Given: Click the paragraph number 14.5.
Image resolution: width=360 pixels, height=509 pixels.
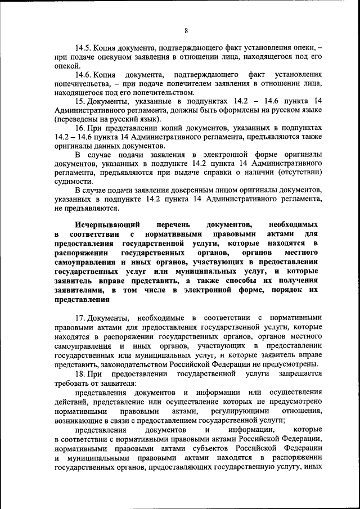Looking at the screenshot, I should point(84,48).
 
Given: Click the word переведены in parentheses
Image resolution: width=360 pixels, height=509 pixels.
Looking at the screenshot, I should point(79,119).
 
